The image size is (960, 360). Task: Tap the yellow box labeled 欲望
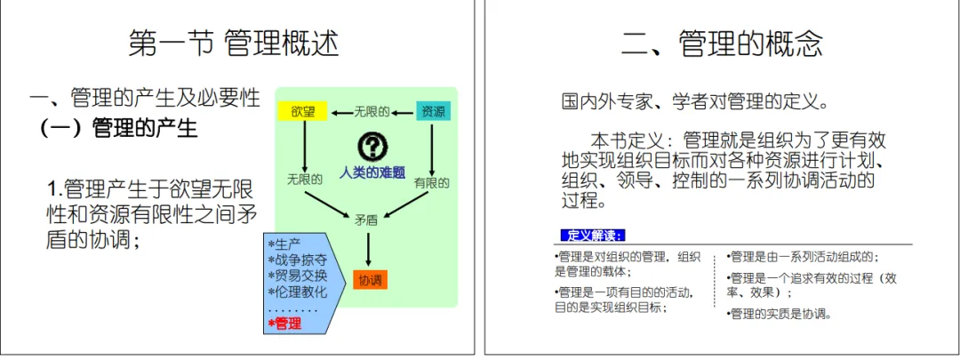303,112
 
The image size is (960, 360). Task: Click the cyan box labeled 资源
433,112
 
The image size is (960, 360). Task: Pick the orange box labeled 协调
370,280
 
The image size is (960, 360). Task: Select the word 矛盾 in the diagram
367,219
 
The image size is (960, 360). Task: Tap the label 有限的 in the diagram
431,183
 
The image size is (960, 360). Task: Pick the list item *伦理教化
297,292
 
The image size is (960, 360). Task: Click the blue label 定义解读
594,236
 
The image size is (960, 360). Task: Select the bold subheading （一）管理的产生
117,129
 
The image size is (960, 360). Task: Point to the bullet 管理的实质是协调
780,313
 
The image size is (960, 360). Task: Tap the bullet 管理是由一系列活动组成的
803,257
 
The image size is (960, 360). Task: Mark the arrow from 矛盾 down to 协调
367,249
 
